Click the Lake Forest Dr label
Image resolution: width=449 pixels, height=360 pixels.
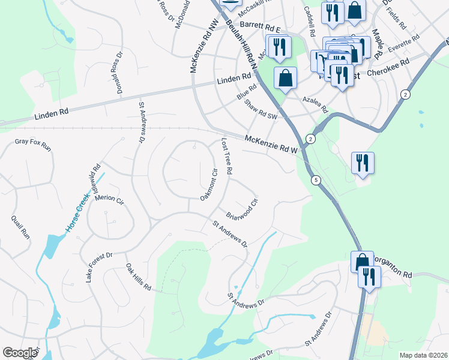click(x=99, y=268)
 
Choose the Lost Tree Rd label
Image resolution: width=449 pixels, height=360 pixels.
click(x=226, y=155)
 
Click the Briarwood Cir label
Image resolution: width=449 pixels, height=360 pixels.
click(x=241, y=207)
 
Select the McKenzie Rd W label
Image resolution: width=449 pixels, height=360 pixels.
click(x=271, y=145)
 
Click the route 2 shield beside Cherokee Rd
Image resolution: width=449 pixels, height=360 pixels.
click(x=405, y=95)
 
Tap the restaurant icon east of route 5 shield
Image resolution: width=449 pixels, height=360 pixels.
click(x=363, y=163)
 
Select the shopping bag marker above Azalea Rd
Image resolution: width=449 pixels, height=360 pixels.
click(x=285, y=77)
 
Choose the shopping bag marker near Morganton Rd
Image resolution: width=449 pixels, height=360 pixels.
click(x=362, y=262)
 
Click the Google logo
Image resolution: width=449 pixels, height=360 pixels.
click(x=20, y=353)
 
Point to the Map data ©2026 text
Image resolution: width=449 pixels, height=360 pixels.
click(x=423, y=355)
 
